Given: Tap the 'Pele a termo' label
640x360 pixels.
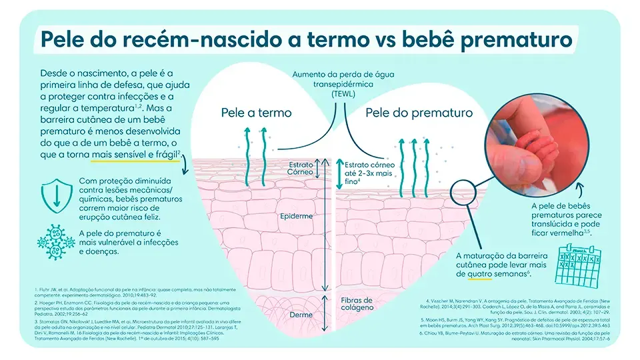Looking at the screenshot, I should coord(257,113).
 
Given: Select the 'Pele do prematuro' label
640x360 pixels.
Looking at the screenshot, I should coord(419,113).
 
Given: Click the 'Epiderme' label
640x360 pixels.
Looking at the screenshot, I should coord(295,217).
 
